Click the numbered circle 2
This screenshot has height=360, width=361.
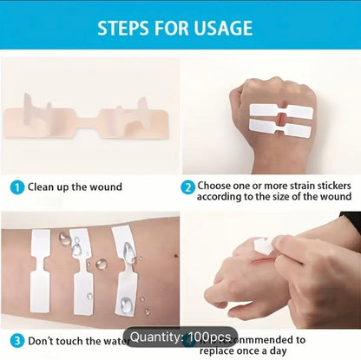[187, 187]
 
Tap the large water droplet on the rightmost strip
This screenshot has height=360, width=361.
[128, 252]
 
